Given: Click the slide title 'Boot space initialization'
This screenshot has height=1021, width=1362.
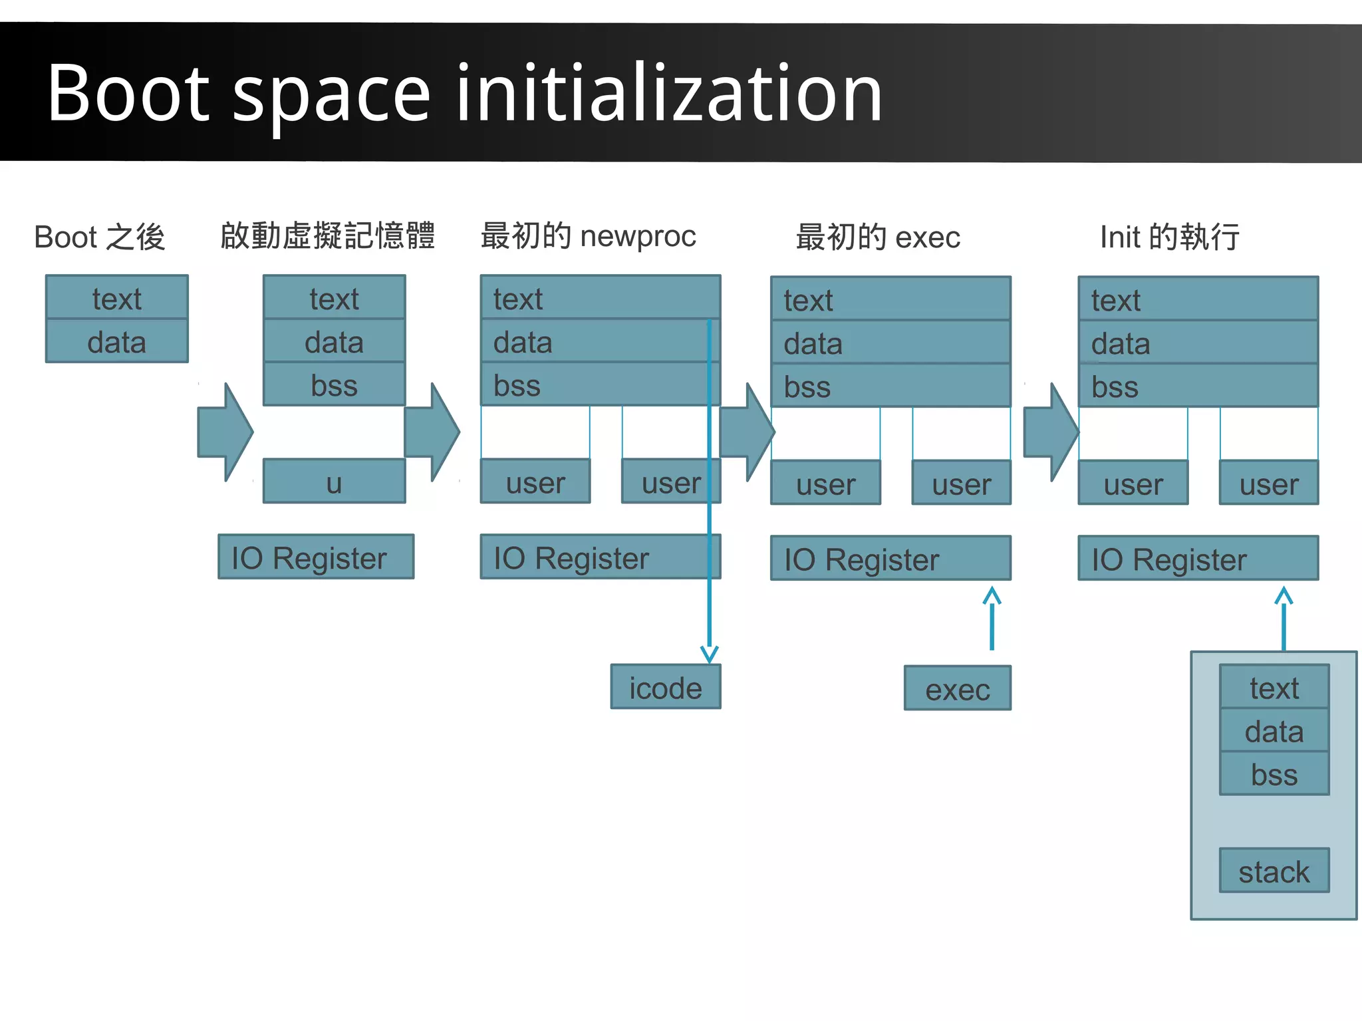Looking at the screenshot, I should tap(464, 93).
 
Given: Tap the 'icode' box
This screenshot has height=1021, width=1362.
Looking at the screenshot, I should tap(665, 687).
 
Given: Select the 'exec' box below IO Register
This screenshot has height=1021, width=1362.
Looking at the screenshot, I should tap(957, 688).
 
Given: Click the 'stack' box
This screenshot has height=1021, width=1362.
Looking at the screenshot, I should tap(1274, 871).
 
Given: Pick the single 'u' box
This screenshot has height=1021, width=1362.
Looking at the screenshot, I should tap(334, 482).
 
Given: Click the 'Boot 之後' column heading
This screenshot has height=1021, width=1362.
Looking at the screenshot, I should tap(100, 237).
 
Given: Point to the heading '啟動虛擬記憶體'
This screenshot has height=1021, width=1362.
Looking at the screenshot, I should tap(327, 236).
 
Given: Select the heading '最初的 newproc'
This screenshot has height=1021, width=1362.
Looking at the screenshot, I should tap(588, 236).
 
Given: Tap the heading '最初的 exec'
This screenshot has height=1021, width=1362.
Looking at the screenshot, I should tap(878, 237).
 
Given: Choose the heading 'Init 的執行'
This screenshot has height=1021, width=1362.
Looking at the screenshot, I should tap(1169, 237).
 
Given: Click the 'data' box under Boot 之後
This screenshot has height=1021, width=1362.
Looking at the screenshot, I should tap(116, 342).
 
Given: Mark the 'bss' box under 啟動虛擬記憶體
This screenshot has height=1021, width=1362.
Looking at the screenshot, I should tap(334, 385).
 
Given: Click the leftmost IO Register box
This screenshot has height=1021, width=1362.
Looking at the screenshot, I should tap(316, 557).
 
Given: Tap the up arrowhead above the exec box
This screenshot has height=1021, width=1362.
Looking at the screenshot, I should tap(992, 595).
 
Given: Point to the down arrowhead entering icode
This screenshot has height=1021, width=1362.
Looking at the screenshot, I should tap(709, 654).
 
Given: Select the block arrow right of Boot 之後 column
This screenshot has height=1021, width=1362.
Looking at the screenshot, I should tap(225, 432).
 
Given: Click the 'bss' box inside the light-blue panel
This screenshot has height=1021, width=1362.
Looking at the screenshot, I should tap(1274, 774).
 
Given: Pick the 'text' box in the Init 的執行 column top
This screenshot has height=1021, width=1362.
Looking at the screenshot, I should tap(1198, 300).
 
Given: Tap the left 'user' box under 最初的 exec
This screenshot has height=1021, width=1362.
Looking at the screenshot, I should tap(825, 484).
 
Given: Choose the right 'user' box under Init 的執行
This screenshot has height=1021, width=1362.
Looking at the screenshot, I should tap(1268, 484).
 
